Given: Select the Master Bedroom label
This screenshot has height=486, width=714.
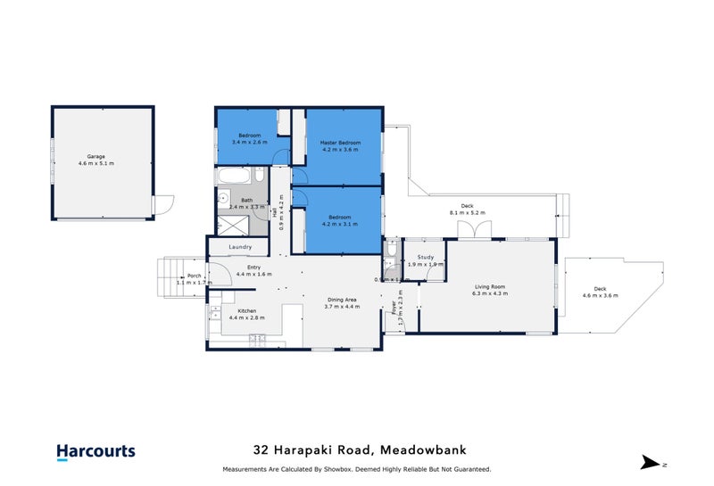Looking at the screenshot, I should pyautogui.click(x=340, y=143).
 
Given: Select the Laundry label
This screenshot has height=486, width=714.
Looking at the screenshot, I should pyautogui.click(x=240, y=247).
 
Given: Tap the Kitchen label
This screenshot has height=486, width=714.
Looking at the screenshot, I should pyautogui.click(x=245, y=310).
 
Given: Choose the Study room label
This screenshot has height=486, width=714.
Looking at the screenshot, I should pyautogui.click(x=425, y=257).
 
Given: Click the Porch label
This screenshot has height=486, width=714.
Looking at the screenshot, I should pyautogui.click(x=194, y=276).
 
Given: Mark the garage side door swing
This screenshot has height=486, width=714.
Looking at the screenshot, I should pyautogui.click(x=161, y=206).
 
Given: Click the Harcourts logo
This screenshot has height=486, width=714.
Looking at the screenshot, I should pyautogui.click(x=95, y=451).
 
